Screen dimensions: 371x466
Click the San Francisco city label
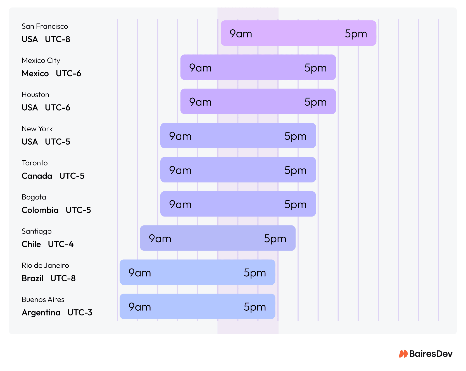[x=45, y=26]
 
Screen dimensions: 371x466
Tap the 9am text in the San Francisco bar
[x=241, y=34]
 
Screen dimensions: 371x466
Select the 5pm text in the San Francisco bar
[x=356, y=34]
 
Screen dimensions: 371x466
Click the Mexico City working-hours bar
[x=258, y=67]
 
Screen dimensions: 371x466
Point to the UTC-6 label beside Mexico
[x=68, y=73]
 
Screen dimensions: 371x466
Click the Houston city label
[x=35, y=95]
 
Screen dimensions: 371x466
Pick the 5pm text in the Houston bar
[x=315, y=102]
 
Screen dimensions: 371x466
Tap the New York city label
[x=37, y=129]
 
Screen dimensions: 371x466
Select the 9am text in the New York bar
[x=180, y=136]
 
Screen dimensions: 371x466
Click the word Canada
[x=37, y=176]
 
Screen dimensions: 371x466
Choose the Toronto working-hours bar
[x=238, y=170]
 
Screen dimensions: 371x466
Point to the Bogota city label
[x=34, y=197]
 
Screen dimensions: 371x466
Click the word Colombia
[x=40, y=210]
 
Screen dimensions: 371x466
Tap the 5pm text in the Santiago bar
[x=275, y=239]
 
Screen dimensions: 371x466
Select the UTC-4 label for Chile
[x=61, y=244]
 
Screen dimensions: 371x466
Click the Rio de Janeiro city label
[x=45, y=265]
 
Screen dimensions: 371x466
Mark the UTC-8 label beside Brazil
[x=63, y=278]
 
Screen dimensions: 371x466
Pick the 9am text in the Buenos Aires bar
[x=140, y=307]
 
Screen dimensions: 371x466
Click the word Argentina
[x=41, y=313]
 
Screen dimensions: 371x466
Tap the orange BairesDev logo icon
[x=403, y=354]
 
